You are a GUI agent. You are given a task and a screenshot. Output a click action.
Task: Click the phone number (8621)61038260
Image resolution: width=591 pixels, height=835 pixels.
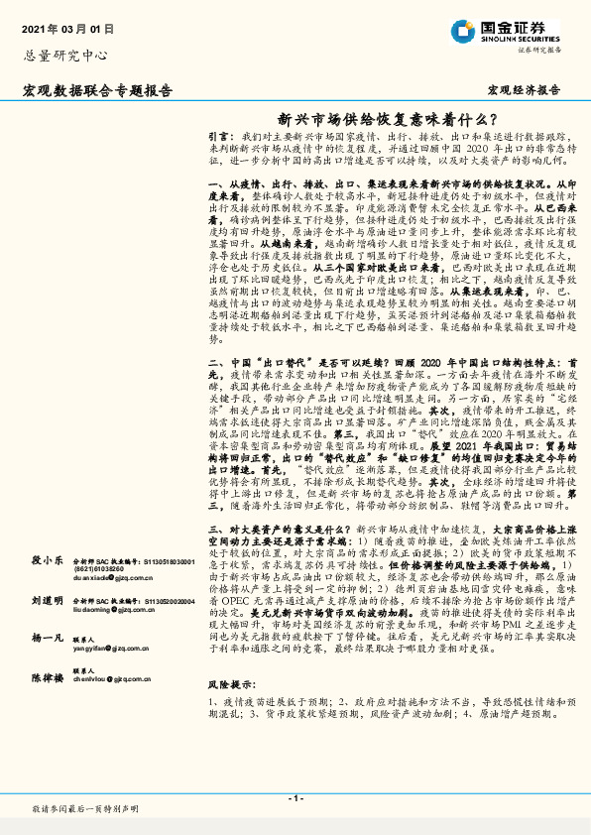[x=98, y=568]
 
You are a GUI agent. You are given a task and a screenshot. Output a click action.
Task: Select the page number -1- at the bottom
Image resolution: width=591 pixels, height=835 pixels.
[x=295, y=798]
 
